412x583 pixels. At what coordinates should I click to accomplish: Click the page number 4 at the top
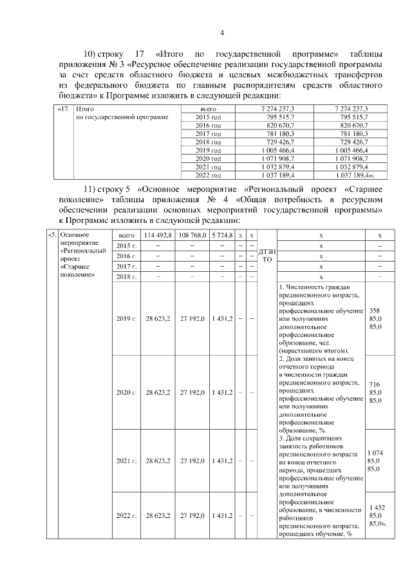click(221, 33)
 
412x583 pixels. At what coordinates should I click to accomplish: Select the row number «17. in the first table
click(64, 110)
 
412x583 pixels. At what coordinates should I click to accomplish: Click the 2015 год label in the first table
click(208, 117)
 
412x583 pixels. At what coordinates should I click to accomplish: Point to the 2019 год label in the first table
click(208, 150)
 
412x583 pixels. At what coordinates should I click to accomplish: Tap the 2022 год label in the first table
click(208, 175)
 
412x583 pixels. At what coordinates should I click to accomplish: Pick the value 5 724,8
click(222, 236)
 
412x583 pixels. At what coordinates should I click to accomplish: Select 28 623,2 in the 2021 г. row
click(158, 461)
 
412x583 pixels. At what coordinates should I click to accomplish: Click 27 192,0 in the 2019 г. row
click(192, 319)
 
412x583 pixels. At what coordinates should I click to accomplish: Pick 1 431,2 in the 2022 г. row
click(222, 516)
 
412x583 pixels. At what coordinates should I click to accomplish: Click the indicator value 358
click(375, 311)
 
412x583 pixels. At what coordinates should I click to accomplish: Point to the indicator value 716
click(375, 385)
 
